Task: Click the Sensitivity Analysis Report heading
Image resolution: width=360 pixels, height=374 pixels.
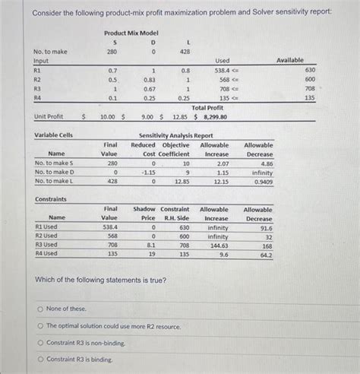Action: (x=175, y=135)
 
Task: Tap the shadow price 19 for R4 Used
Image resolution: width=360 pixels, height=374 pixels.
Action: (x=151, y=255)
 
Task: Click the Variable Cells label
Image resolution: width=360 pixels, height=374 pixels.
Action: (x=54, y=135)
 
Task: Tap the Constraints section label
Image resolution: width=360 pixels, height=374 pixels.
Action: (x=51, y=199)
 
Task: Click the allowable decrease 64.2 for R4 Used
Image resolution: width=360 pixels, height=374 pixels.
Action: (x=265, y=255)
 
